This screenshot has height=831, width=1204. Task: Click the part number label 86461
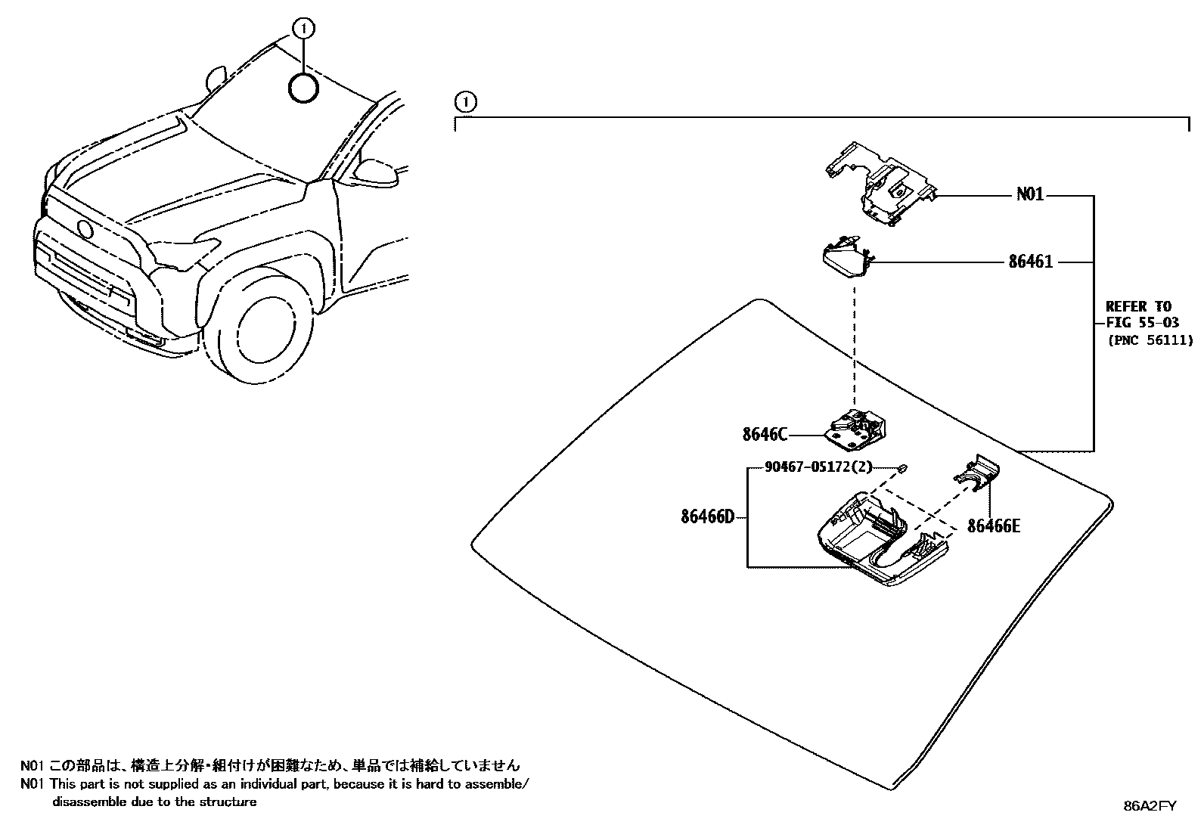pyautogui.click(x=1029, y=262)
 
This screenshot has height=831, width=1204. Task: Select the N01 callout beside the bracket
pyautogui.click(x=1029, y=195)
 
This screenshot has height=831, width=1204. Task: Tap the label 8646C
pyautogui.click(x=765, y=434)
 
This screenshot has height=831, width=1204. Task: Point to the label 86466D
pyautogui.click(x=707, y=518)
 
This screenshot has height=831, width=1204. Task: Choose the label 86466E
pyautogui.click(x=993, y=526)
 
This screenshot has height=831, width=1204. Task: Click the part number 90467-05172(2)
pyautogui.click(x=808, y=467)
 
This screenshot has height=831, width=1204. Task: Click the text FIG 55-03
pyautogui.click(x=1142, y=323)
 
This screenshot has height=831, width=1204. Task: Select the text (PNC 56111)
pyautogui.click(x=1150, y=340)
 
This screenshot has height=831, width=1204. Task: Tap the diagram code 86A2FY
pyautogui.click(x=1150, y=806)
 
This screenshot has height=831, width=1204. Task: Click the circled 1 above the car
pyautogui.click(x=303, y=29)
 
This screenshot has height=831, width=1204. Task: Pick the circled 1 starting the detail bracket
pyautogui.click(x=466, y=101)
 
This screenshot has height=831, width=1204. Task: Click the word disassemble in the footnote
pyautogui.click(x=85, y=802)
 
